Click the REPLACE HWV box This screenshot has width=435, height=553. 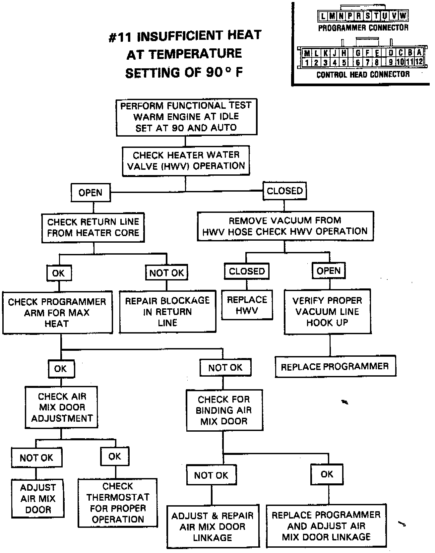pyautogui.click(x=247, y=305)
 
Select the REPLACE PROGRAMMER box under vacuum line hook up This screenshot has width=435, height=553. pyautogui.click(x=335, y=366)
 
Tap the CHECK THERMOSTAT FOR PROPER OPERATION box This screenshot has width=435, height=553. pyautogui.click(x=118, y=503)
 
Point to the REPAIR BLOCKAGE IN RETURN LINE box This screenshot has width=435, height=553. pyautogui.click(x=167, y=312)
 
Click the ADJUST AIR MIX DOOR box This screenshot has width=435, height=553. pyautogui.click(x=38, y=498)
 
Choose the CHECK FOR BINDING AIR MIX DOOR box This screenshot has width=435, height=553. pyautogui.click(x=224, y=410)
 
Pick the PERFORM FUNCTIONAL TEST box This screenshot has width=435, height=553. pyautogui.click(x=186, y=117)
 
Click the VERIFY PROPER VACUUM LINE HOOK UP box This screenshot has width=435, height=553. pyautogui.click(x=327, y=311)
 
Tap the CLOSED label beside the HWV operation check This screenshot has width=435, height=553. pyautogui.click(x=284, y=191)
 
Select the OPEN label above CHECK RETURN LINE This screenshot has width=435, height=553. pyautogui.click(x=91, y=193)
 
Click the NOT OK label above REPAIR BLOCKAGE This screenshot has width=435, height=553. pyautogui.click(x=166, y=273)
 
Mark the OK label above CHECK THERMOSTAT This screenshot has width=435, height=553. pyautogui.click(x=115, y=457)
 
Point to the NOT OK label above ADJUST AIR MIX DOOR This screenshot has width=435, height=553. pyautogui.click(x=36, y=458)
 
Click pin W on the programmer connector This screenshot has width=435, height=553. pyautogui.click(x=403, y=16)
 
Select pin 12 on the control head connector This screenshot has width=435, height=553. pyautogui.click(x=419, y=62)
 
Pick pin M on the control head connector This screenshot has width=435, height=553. pyautogui.click(x=307, y=53)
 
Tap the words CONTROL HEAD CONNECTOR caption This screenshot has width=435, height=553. pyautogui.click(x=363, y=75)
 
